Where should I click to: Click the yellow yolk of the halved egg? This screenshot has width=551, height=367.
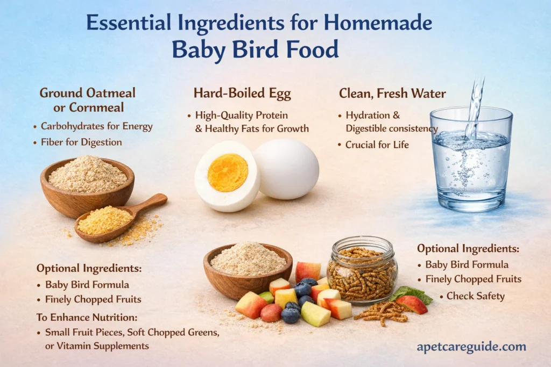(x=227, y=172)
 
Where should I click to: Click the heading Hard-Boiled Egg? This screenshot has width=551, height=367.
(x=242, y=93)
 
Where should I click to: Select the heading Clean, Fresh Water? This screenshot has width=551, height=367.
(x=392, y=93)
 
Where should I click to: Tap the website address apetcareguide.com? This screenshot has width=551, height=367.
(x=471, y=347)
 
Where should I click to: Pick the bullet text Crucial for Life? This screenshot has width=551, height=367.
(x=377, y=145)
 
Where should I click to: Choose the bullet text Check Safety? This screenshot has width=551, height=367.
(x=475, y=296)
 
